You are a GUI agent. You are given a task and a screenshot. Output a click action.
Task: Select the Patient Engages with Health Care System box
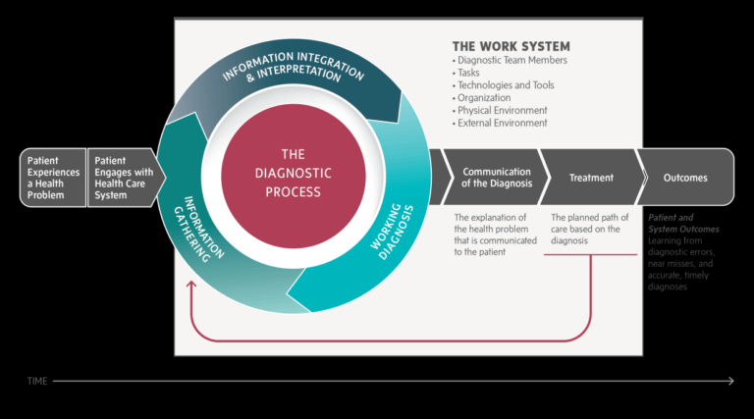click(122, 178)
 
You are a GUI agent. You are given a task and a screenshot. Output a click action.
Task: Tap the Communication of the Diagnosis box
click(496, 178)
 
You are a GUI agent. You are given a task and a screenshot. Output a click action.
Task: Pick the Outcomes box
click(683, 178)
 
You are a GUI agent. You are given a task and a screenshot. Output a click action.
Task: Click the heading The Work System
click(511, 46)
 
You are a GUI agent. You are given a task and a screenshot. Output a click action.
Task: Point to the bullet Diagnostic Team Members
click(512, 60)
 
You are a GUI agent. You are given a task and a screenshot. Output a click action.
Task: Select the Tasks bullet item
click(468, 73)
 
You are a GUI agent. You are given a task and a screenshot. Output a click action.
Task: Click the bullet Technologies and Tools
click(505, 85)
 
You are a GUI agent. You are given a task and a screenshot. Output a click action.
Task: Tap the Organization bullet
click(485, 98)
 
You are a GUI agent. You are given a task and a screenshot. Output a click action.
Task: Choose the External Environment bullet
click(502, 124)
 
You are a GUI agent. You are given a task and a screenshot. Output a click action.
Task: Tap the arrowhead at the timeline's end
click(729, 380)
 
